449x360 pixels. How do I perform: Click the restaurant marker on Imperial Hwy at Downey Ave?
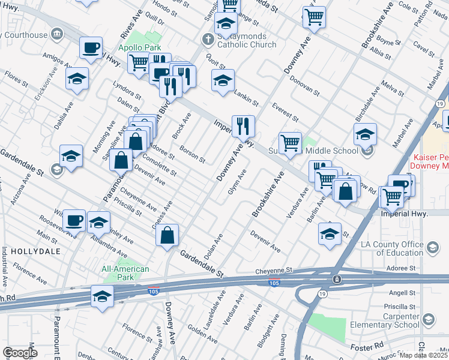tap(243, 126)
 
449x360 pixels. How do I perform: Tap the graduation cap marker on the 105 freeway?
tap(102, 297)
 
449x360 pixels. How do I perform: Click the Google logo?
tap(20, 353)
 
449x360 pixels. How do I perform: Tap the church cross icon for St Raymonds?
tap(207, 40)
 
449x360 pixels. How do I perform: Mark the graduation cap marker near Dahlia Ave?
tap(77, 80)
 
